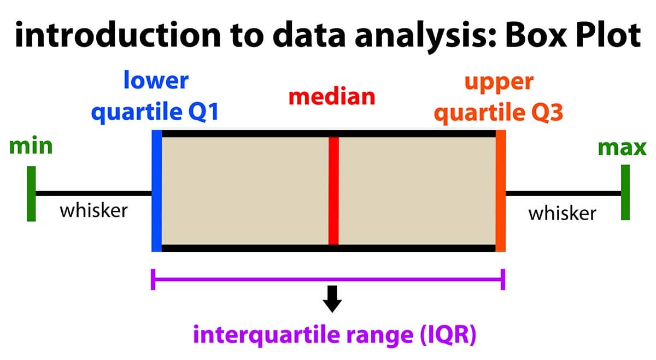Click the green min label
(x=31, y=146)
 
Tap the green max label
(x=622, y=147)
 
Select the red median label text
(x=332, y=97)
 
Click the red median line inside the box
(x=333, y=191)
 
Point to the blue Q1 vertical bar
(x=157, y=191)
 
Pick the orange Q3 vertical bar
(x=500, y=191)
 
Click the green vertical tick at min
(x=31, y=193)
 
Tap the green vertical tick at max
(x=625, y=192)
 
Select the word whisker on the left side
(x=93, y=210)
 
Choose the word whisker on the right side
(x=562, y=213)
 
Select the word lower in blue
(x=156, y=81)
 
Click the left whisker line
(x=93, y=193)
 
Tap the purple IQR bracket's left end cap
(x=154, y=279)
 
